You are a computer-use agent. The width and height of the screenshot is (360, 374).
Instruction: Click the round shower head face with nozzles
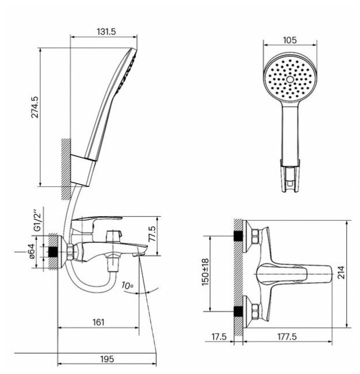(x=289, y=81)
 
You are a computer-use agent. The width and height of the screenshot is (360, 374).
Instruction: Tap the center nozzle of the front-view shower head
(x=289, y=80)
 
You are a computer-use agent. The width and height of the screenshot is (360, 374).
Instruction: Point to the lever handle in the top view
(x=298, y=276)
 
